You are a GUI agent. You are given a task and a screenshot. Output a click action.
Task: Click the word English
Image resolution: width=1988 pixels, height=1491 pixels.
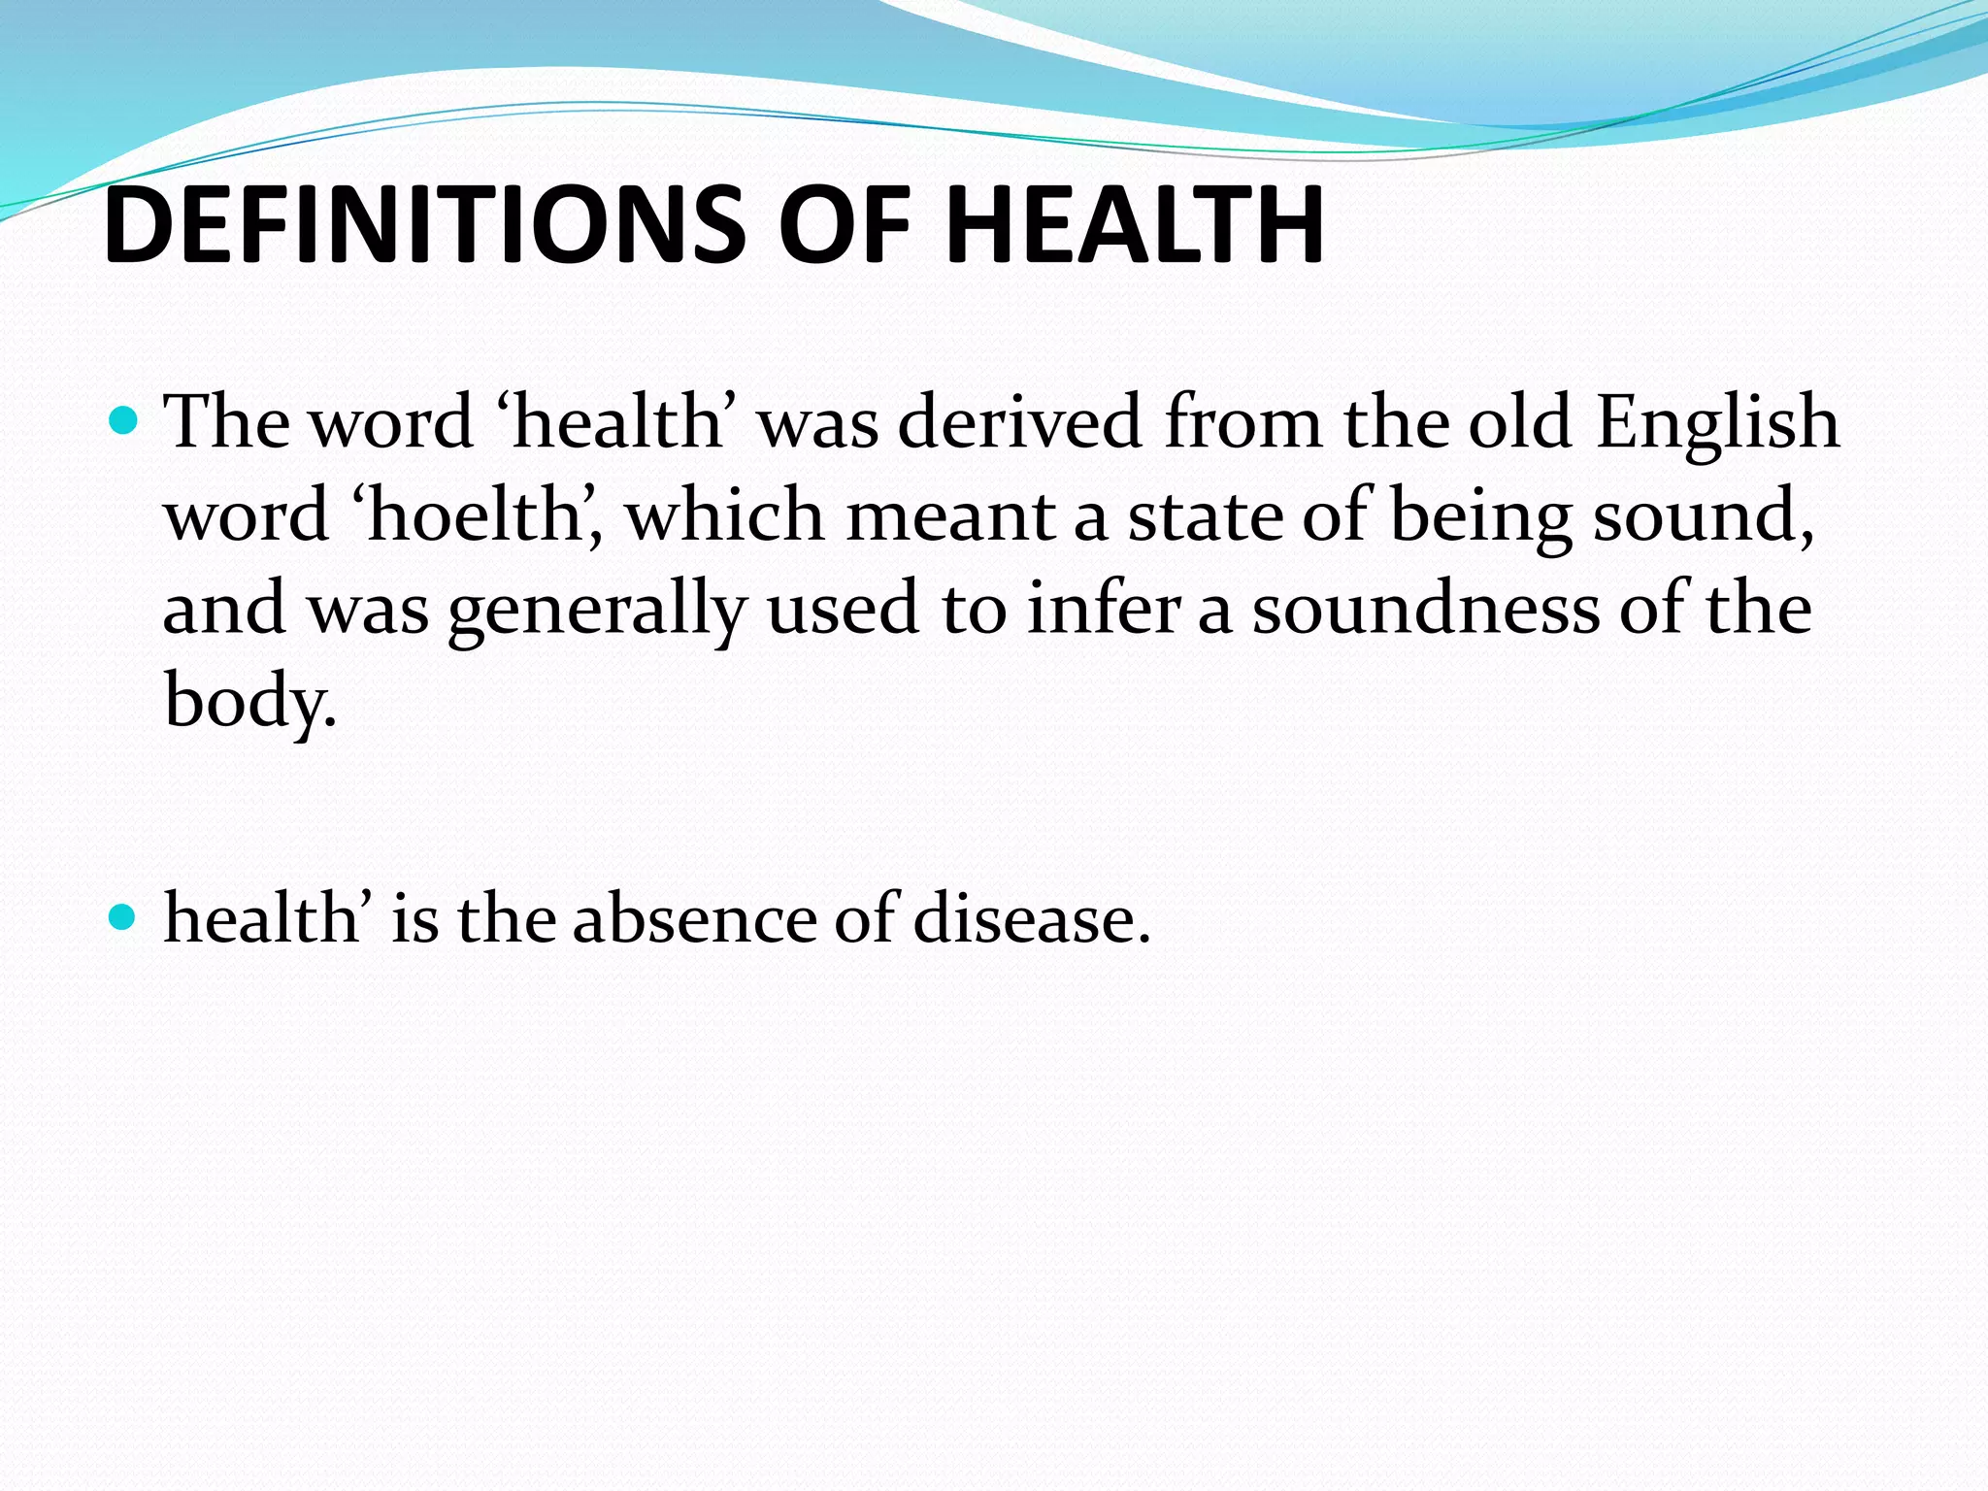1717,423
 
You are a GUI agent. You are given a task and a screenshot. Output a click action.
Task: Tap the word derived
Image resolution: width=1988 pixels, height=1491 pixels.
1019,423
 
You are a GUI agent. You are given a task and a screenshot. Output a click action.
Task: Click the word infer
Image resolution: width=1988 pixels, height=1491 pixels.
1104,608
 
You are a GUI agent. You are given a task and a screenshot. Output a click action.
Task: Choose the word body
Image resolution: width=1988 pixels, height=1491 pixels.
248,701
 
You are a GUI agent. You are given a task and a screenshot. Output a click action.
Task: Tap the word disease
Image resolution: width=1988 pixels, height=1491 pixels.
1031,917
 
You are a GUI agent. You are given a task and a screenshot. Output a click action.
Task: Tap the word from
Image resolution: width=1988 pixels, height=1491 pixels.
1243,421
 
